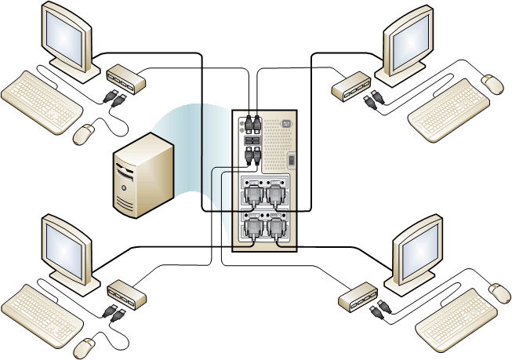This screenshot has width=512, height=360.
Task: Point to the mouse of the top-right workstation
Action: [493, 83]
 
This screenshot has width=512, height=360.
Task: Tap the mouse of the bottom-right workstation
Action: [499, 292]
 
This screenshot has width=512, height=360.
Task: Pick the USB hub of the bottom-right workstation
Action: [359, 296]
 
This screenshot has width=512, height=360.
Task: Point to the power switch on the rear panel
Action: [292, 161]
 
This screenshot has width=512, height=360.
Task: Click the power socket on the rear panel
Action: [285, 123]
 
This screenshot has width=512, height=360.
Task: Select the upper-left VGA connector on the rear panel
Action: [254, 195]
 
